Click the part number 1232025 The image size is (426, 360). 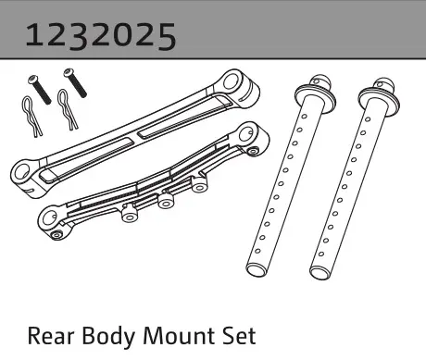(x=101, y=36)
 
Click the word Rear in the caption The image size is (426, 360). (x=51, y=336)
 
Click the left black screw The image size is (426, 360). (x=40, y=90)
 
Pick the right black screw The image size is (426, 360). (x=75, y=82)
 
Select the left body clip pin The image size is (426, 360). (x=31, y=117)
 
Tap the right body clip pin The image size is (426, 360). (x=68, y=108)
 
